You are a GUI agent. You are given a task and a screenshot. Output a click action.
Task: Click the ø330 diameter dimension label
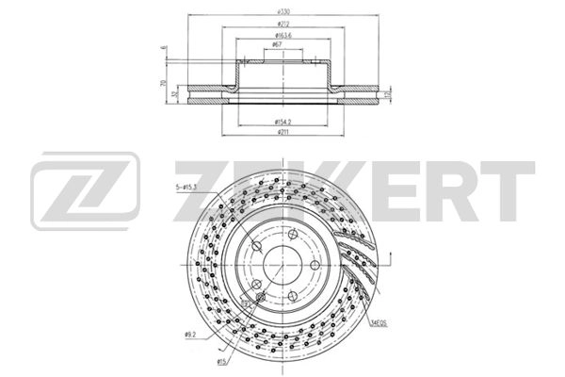pyautogui.click(x=282, y=11)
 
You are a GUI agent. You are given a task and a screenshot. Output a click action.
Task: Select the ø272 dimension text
pyautogui.click(x=282, y=25)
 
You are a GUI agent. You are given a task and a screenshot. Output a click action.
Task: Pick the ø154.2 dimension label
pyautogui.click(x=282, y=123)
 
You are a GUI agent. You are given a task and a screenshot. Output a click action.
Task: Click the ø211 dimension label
pyautogui.click(x=282, y=134)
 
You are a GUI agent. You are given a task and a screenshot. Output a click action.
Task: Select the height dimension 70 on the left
pyautogui.click(x=163, y=85)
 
